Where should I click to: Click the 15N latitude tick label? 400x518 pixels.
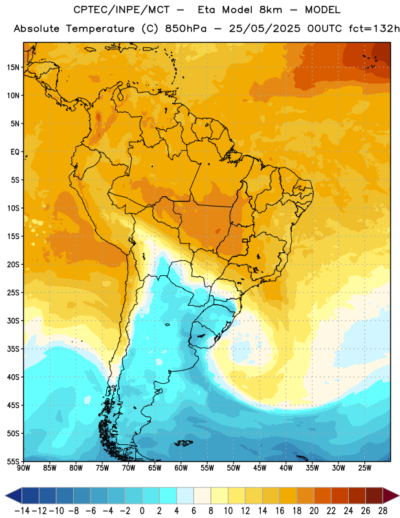pos(13,67)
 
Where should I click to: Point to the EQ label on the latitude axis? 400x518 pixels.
pos(15,152)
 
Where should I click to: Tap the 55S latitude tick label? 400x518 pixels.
pos(13,461)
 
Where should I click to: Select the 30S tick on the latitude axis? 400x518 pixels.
pos(13,321)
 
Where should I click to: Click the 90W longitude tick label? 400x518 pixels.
pos(23,468)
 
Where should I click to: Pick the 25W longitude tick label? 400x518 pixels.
pos(364,468)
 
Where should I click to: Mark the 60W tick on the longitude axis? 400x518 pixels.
pos(181,468)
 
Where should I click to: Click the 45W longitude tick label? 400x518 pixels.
pos(260,468)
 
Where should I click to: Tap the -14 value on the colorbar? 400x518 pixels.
pos(22,511)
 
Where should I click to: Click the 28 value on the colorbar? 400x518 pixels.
pos(383,511)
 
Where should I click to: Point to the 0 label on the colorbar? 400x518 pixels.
pos(142,511)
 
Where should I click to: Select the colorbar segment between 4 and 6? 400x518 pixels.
pos(185,495)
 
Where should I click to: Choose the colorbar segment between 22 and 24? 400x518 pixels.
pos(340,495)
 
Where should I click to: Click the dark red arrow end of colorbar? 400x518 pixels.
pos(390,495)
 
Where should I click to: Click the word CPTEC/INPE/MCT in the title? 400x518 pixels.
pos(121,10)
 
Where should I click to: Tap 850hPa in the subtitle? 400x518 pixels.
pos(186,28)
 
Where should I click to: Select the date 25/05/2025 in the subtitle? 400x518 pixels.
pos(265,28)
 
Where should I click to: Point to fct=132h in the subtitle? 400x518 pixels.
pos(374,28)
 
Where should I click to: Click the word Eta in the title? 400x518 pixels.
pos(206,10)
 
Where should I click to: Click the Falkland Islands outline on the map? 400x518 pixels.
pos(183,443)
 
